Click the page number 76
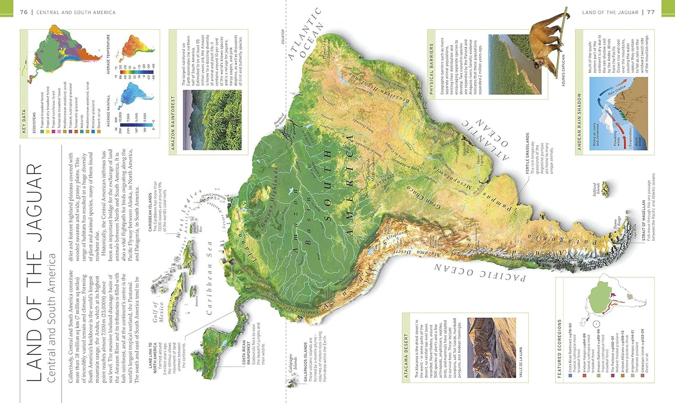coord(24,12)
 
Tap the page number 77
coord(650,12)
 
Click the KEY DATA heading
coord(24,121)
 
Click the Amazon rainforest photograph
coord(212,120)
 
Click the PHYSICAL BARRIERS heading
coord(432,63)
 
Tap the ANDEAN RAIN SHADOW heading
coord(579,121)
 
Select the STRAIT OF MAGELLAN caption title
coord(643,220)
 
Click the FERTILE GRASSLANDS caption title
coord(527,154)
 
